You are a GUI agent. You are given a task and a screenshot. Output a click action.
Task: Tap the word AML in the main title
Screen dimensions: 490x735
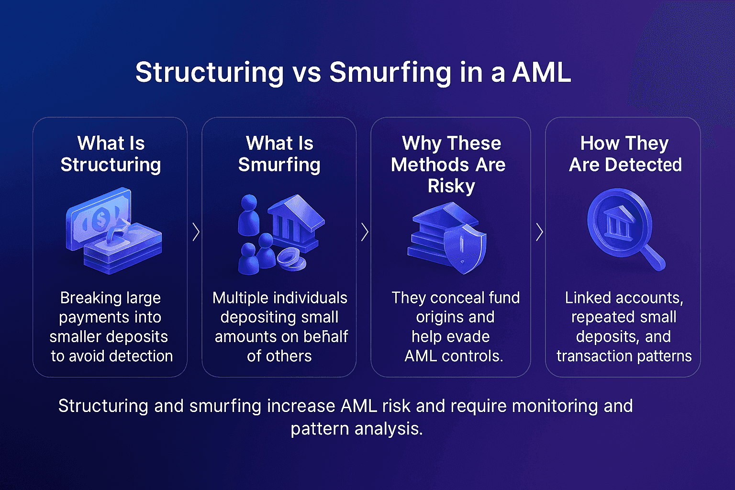(x=542, y=73)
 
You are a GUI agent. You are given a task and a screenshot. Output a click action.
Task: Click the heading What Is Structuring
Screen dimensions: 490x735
(x=111, y=154)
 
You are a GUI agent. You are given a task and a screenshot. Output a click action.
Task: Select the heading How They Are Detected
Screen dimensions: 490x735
(x=625, y=154)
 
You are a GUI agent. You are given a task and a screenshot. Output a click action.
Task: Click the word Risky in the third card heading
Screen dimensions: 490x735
(x=451, y=186)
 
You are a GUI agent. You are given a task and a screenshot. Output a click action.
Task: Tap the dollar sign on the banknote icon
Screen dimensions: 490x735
(x=100, y=219)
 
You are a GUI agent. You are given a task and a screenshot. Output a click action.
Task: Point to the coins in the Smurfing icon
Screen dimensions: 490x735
(x=290, y=259)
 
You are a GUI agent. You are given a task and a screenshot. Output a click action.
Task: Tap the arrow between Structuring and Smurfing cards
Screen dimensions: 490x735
(x=196, y=232)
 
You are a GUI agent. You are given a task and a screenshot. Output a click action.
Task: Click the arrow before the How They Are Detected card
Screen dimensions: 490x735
(x=539, y=232)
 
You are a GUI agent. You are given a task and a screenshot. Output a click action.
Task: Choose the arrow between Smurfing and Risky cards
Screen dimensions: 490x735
(x=365, y=232)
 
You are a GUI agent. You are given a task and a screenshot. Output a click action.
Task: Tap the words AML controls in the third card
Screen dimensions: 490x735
(x=454, y=356)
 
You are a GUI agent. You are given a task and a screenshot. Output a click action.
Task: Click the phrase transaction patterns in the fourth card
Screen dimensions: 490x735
(x=624, y=356)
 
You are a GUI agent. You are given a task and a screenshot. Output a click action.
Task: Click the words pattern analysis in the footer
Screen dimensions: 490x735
(x=356, y=428)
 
